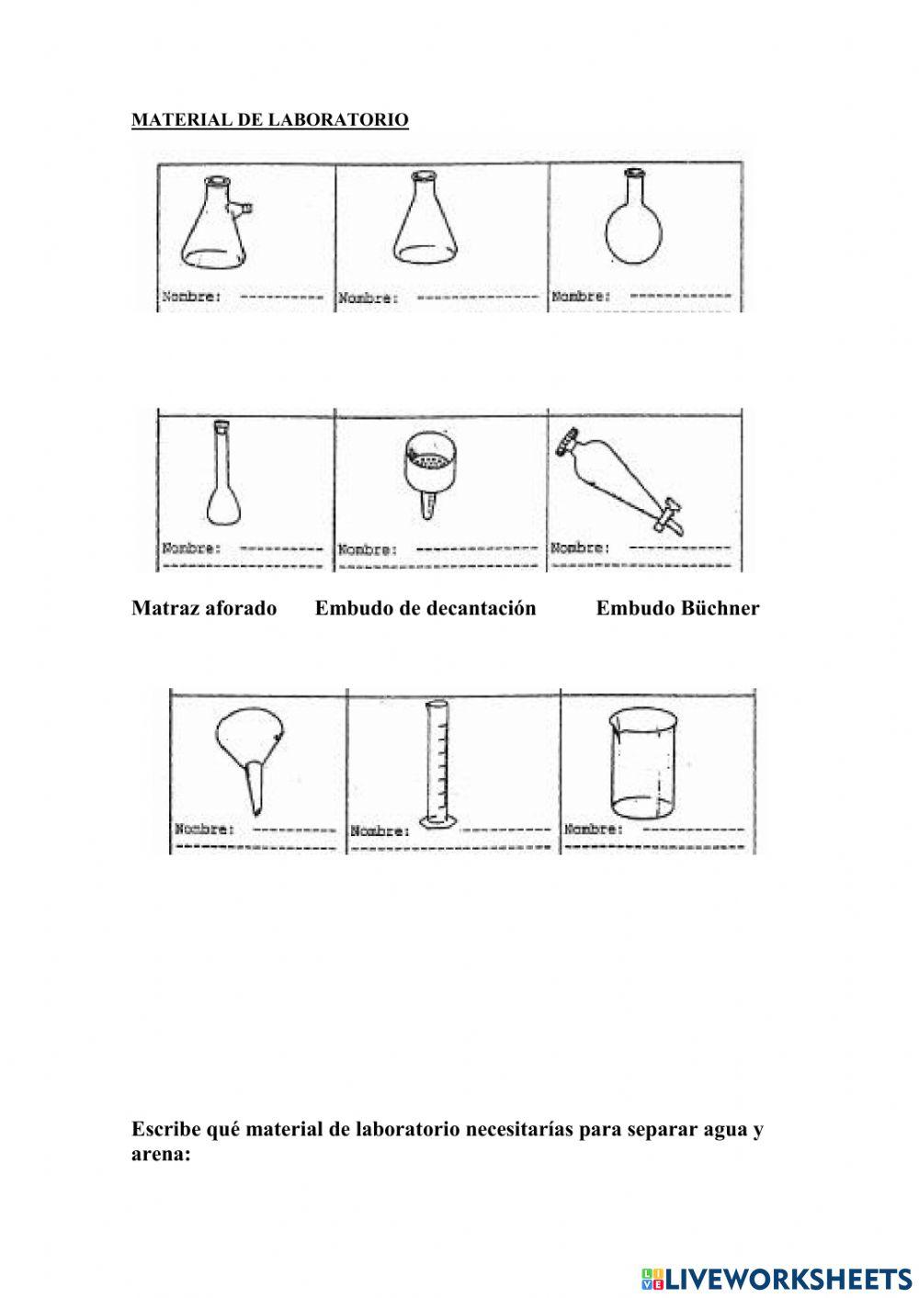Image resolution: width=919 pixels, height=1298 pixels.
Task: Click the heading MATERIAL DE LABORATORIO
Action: tap(270, 120)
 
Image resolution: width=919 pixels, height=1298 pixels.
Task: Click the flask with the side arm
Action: tap(217, 225)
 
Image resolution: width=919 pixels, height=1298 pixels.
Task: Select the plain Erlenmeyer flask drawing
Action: tap(425, 223)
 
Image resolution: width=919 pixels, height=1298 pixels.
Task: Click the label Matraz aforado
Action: tap(204, 608)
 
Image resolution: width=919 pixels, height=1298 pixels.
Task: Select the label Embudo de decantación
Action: tap(425, 608)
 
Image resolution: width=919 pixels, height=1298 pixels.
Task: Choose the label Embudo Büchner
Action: tap(677, 608)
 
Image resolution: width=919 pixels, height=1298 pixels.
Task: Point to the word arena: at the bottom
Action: tap(161, 1154)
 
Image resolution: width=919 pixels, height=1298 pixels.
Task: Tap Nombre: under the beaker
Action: tap(593, 829)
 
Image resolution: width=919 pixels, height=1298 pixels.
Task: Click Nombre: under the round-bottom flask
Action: tap(580, 296)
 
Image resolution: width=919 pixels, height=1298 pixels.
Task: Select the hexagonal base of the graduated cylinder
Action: tap(438, 820)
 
